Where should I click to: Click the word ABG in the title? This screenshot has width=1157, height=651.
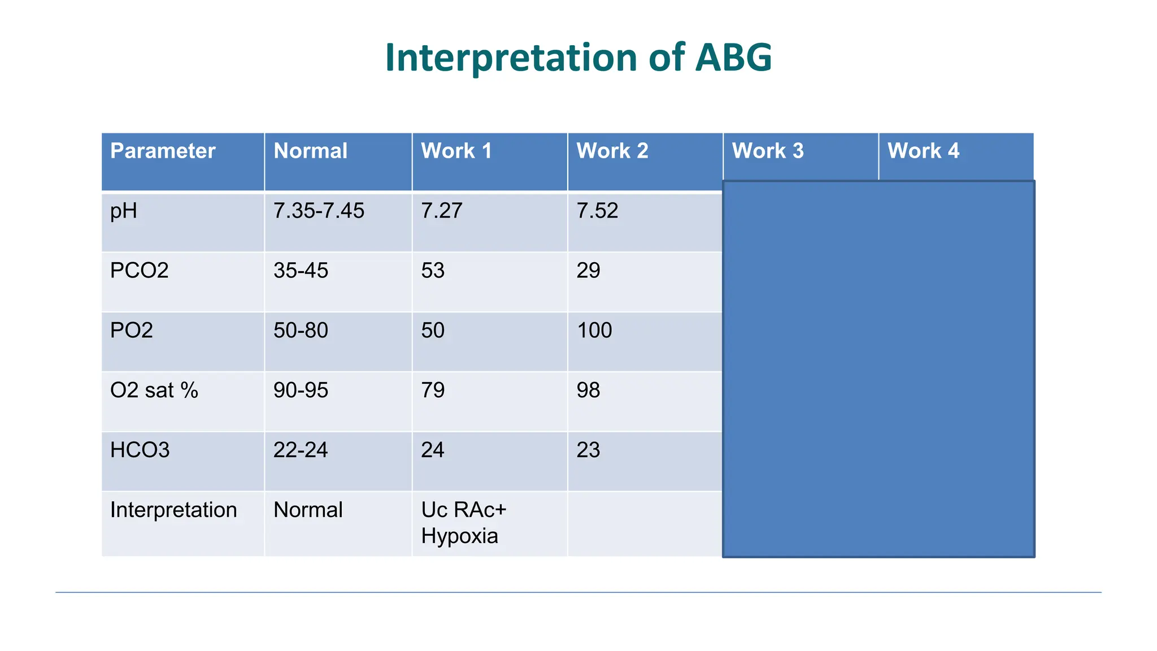click(x=733, y=58)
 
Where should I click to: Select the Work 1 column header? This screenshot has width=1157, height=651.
click(x=456, y=151)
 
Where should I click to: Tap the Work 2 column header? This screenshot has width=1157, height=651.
click(x=612, y=151)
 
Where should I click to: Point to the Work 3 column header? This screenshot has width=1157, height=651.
click(x=767, y=151)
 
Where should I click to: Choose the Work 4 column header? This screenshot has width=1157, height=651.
click(x=923, y=151)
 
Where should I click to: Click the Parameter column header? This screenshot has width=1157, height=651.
click(x=163, y=151)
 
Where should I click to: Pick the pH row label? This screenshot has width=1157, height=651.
click(x=124, y=211)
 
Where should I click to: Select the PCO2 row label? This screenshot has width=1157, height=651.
click(x=139, y=271)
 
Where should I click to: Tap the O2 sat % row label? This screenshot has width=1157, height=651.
click(x=154, y=390)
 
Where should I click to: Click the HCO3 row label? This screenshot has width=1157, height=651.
click(x=140, y=450)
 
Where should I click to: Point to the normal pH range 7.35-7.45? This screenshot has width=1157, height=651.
click(x=319, y=211)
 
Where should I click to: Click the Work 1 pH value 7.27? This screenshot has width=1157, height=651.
click(x=441, y=211)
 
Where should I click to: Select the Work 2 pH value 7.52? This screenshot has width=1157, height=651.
click(x=597, y=211)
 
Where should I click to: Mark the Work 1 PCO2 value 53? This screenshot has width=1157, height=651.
click(x=433, y=271)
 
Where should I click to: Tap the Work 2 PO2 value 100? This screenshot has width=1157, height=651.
click(x=594, y=331)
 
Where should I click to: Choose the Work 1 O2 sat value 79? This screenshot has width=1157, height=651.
click(x=433, y=390)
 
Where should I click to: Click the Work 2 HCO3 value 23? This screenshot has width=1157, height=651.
click(x=588, y=450)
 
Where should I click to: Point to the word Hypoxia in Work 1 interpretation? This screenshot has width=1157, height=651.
click(x=459, y=536)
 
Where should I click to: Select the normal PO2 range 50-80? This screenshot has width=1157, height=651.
click(x=301, y=331)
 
